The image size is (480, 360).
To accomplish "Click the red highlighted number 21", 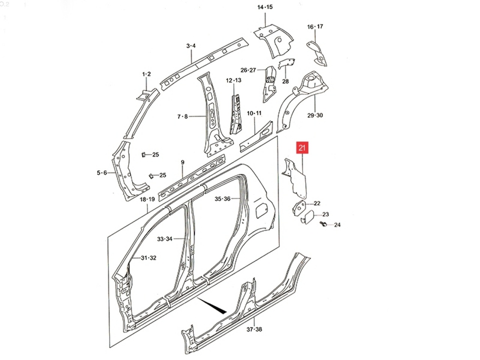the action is pos(302,148).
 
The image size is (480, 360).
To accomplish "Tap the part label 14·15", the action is pos(265,7).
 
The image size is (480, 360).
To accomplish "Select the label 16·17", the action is pos(315,27).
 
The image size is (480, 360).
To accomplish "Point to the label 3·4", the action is pos(191,46).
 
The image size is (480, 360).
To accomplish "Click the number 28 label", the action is pos(285,81).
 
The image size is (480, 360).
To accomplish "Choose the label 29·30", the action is pos(315,115).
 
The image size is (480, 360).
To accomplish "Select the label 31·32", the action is pos(148,258).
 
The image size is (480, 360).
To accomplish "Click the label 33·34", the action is pos(165,239).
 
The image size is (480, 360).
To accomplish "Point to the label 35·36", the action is pos(222,199).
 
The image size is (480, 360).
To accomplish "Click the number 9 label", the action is pos(183,162).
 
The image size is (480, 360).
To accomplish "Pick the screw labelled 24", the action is pos(323,223).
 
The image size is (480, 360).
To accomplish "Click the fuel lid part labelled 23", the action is pos(307,217).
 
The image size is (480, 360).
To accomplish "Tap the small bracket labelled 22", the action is pos(299,208).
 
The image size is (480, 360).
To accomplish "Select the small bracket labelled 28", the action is pos(286,64).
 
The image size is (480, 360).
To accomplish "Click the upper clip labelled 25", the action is pos(144,154).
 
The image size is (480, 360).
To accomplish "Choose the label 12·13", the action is pos(234,80).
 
